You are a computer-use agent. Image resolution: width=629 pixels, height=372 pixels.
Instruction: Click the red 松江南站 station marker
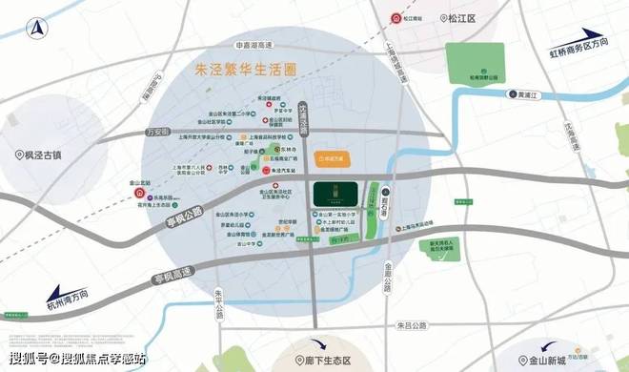[401, 17]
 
